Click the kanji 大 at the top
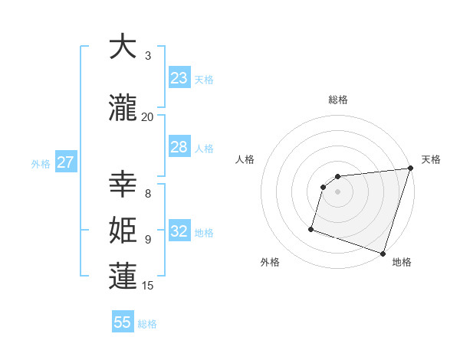click(123, 47)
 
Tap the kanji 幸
click(123, 185)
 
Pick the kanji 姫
click(123, 231)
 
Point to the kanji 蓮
click(123, 277)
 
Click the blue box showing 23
click(179, 78)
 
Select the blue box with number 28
click(179, 147)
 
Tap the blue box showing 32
click(179, 231)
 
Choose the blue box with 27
click(66, 162)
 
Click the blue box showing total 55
click(123, 322)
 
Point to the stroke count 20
click(147, 116)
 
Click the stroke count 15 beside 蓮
click(148, 286)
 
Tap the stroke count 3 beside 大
click(148, 56)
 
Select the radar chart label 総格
click(338, 100)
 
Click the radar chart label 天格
click(431, 159)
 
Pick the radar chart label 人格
click(245, 159)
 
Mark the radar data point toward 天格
click(411, 169)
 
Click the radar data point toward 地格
click(383, 253)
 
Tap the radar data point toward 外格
click(311, 228)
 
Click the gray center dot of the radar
click(338, 191)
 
